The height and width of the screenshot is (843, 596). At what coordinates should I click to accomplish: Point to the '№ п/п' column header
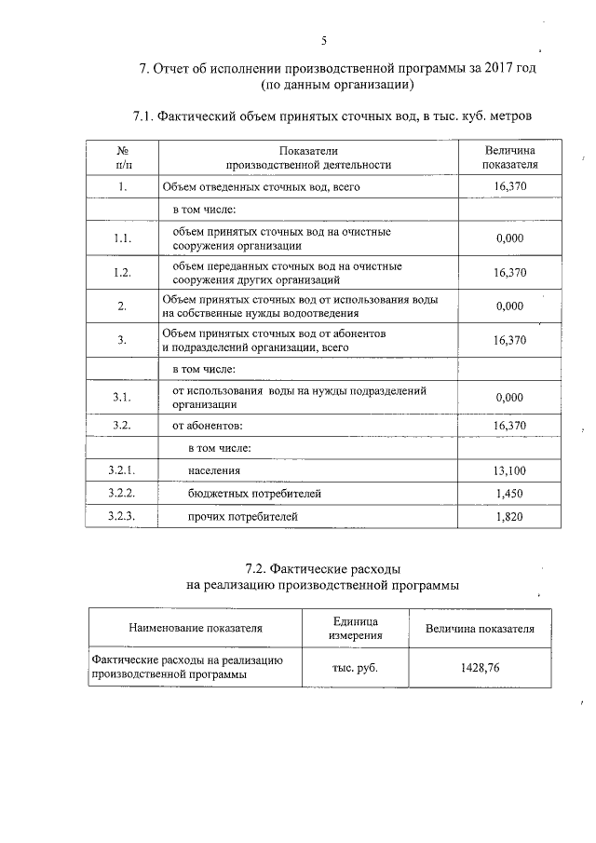click(122, 157)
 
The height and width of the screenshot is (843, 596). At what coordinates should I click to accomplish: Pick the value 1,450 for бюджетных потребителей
click(510, 493)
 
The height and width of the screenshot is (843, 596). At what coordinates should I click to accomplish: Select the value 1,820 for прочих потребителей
click(510, 515)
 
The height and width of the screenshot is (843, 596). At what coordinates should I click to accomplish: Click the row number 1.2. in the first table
click(121, 273)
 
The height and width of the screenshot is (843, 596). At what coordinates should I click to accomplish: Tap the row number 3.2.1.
click(122, 471)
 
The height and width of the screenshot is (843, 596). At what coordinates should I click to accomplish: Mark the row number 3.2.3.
click(122, 515)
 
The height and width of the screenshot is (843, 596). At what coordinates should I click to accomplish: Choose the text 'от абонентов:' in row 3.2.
click(207, 426)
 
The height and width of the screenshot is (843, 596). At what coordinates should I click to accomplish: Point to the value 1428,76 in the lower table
click(480, 668)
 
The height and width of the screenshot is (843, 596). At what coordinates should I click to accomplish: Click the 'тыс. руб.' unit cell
click(355, 668)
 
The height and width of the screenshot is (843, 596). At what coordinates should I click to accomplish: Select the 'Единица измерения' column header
click(355, 629)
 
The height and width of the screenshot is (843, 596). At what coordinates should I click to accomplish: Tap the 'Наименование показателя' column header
click(196, 629)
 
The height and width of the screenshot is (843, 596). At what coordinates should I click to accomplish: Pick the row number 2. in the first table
click(122, 306)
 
